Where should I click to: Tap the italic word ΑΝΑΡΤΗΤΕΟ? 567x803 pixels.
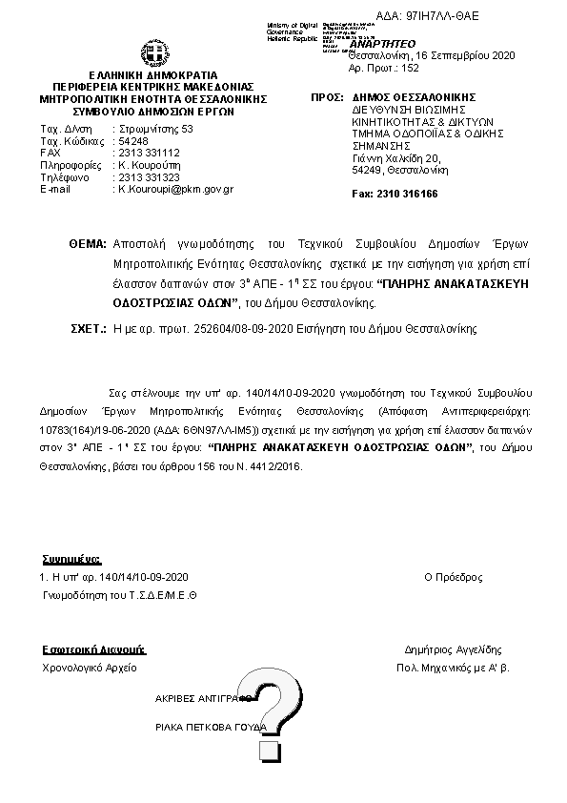coord(384,44)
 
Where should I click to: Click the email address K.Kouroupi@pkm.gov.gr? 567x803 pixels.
coord(175,189)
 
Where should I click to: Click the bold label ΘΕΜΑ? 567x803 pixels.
coord(88,244)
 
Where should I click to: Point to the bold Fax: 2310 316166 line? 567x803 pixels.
coord(395,194)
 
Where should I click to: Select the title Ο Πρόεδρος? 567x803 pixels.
coord(453,578)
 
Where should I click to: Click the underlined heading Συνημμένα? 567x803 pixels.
coord(71,559)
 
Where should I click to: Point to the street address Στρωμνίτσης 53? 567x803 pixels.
coord(155,129)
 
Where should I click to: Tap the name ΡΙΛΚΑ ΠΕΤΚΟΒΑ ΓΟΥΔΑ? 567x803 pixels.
coord(211,727)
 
